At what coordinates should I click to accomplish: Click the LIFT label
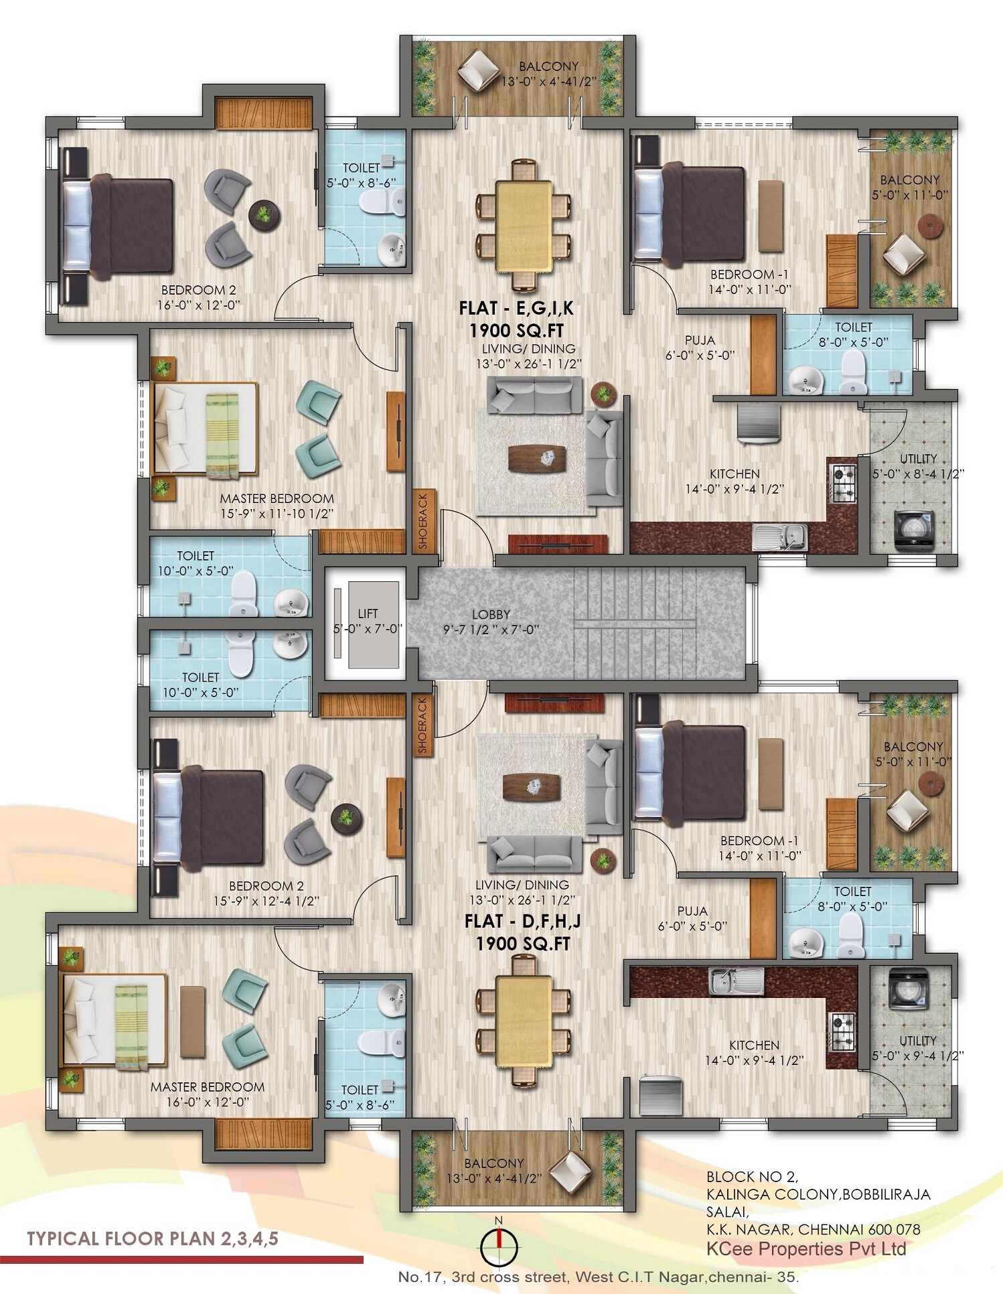[x=368, y=614]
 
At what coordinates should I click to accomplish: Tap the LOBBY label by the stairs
[x=491, y=614]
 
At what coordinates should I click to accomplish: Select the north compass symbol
[x=499, y=1238]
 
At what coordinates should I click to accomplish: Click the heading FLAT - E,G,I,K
[x=516, y=308]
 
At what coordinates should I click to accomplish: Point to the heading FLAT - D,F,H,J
[x=522, y=922]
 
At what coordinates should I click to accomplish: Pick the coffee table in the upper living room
[x=537, y=460]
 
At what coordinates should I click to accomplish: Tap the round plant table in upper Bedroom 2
[x=264, y=214]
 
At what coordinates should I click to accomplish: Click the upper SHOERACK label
[x=423, y=522]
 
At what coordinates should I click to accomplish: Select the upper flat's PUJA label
[x=700, y=340]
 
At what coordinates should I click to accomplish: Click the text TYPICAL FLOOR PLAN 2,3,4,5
[x=152, y=1238]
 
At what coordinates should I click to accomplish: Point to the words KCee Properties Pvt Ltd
[x=807, y=1248]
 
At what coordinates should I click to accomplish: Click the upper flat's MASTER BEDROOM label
[x=277, y=498]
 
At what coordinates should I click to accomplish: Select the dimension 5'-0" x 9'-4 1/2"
[x=918, y=1056]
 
